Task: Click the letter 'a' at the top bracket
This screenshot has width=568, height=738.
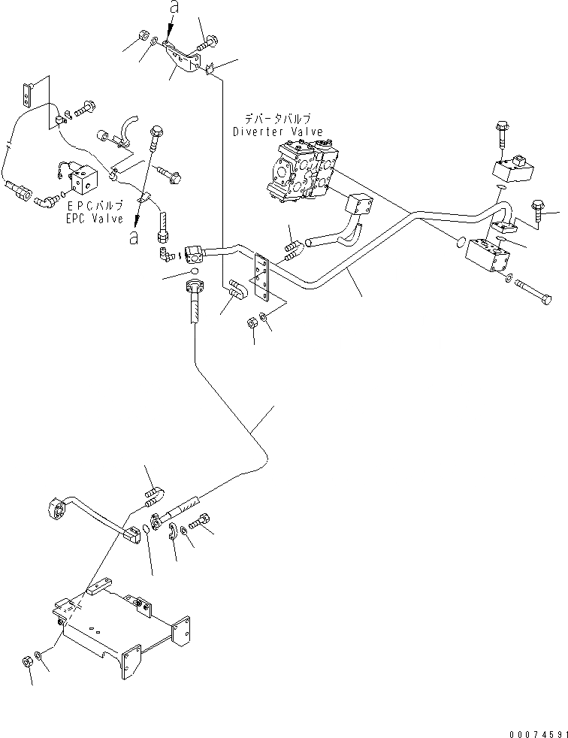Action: (173, 10)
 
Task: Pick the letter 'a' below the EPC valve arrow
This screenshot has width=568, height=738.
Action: (134, 237)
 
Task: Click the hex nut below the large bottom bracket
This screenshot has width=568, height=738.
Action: (26, 662)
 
